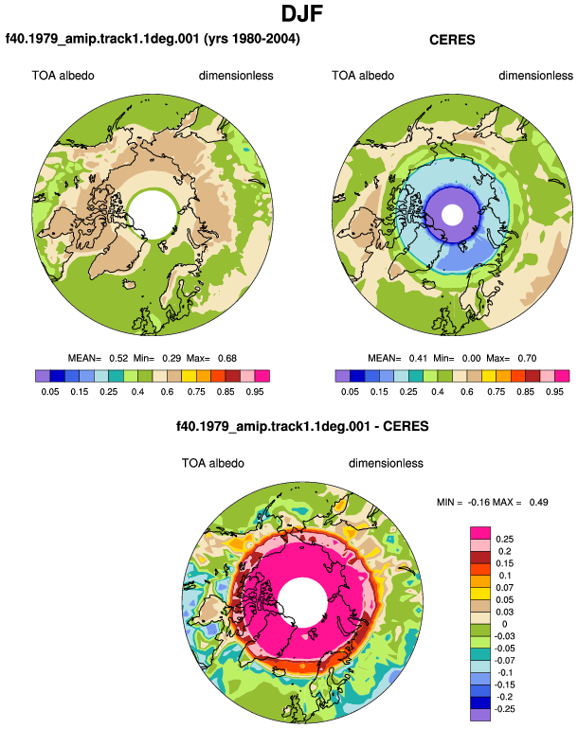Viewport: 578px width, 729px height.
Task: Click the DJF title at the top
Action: pyautogui.click(x=302, y=13)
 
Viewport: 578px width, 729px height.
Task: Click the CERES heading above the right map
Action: pyautogui.click(x=452, y=40)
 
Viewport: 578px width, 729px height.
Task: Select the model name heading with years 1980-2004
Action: pyautogui.click(x=153, y=39)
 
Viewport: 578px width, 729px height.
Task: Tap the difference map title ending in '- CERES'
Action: pyautogui.click(x=302, y=426)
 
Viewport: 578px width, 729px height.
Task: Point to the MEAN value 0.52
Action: pyautogui.click(x=118, y=359)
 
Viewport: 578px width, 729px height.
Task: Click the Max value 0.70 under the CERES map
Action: pyautogui.click(x=527, y=359)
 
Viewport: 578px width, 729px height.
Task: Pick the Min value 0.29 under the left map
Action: pyautogui.click(x=172, y=359)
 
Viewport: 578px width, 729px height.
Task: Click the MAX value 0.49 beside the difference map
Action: pyautogui.click(x=538, y=502)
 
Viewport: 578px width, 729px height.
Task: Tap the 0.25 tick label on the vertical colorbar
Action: pyautogui.click(x=504, y=540)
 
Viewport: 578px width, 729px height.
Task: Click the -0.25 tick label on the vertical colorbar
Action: pyautogui.click(x=504, y=709)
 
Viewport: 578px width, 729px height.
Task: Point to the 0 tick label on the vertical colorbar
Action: pyautogui.click(x=504, y=624)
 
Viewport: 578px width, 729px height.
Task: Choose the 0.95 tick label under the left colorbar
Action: pyautogui.click(x=255, y=392)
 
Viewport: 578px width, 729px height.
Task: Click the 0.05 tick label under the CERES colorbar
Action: pyautogui.click(x=350, y=392)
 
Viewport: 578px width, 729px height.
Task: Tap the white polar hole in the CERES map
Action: pyautogui.click(x=452, y=215)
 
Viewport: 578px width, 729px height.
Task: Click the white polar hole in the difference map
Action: pyautogui.click(x=303, y=603)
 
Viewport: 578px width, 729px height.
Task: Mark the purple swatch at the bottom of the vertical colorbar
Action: pyautogui.click(x=480, y=715)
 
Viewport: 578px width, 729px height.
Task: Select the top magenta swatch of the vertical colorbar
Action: pyautogui.click(x=480, y=533)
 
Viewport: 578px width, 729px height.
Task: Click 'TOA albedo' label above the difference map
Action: pyautogui.click(x=212, y=464)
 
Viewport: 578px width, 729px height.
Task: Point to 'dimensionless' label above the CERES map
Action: pyautogui.click(x=535, y=76)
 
